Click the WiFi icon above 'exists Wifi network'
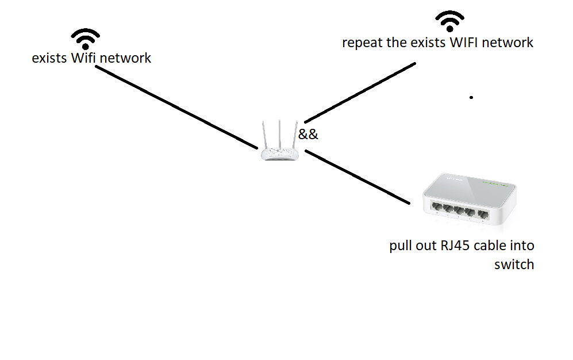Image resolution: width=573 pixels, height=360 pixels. click(x=86, y=39)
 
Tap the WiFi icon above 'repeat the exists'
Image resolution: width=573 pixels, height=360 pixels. click(x=449, y=22)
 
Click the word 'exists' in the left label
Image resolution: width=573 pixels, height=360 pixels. click(x=49, y=58)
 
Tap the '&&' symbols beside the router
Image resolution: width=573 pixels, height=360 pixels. click(x=308, y=135)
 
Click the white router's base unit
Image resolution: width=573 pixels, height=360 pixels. click(x=279, y=154)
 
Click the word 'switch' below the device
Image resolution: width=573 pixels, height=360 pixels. click(x=514, y=265)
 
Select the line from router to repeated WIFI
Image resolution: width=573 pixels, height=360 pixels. click(x=359, y=92)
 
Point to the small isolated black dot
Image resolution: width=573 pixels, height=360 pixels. click(x=471, y=98)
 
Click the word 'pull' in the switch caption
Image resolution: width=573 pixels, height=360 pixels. click(x=401, y=246)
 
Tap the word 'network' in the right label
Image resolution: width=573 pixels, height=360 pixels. click(x=509, y=43)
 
